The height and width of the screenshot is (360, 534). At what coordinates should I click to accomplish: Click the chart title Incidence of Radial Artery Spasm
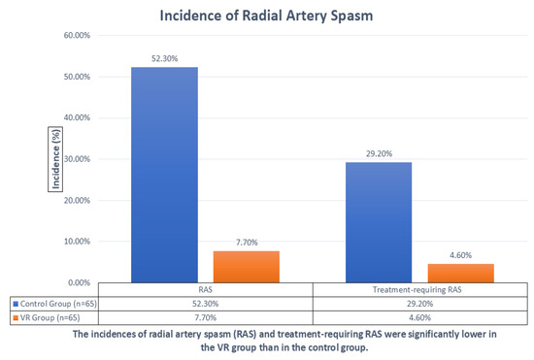pyautogui.click(x=266, y=16)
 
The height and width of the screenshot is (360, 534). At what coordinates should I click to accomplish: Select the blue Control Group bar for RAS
pyautogui.click(x=164, y=175)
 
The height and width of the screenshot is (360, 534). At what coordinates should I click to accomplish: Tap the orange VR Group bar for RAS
pyautogui.click(x=247, y=267)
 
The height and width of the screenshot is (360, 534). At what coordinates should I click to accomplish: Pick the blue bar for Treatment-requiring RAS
pyautogui.click(x=379, y=222)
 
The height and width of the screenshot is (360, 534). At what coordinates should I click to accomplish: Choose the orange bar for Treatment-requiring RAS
pyautogui.click(x=461, y=274)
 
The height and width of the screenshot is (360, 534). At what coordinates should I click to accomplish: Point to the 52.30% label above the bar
pyautogui.click(x=164, y=58)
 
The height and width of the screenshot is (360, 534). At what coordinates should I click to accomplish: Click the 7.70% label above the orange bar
pyautogui.click(x=247, y=243)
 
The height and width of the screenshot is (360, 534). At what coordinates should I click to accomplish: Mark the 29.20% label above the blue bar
pyautogui.click(x=379, y=153)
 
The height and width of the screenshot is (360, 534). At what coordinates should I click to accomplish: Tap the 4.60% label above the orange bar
pyautogui.click(x=461, y=255)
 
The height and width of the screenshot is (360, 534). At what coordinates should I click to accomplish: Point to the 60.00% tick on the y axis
pyautogui.click(x=77, y=35)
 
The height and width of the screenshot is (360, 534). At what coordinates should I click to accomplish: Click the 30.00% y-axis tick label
pyautogui.click(x=77, y=159)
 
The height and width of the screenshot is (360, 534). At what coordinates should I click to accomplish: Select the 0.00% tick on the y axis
pyautogui.click(x=79, y=282)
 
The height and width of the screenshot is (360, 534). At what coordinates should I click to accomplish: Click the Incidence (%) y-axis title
pyautogui.click(x=55, y=159)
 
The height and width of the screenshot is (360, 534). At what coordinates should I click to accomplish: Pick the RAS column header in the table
pyautogui.click(x=206, y=289)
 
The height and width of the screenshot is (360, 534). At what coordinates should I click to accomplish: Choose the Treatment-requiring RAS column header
pyautogui.click(x=417, y=289)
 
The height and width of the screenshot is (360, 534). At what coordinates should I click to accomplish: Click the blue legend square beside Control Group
pyautogui.click(x=16, y=304)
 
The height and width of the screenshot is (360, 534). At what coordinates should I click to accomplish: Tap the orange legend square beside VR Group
pyautogui.click(x=16, y=318)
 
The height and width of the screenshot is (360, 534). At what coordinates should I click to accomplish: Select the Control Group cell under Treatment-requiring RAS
pyautogui.click(x=419, y=304)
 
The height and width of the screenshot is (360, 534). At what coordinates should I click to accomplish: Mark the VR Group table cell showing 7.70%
pyautogui.click(x=206, y=318)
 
